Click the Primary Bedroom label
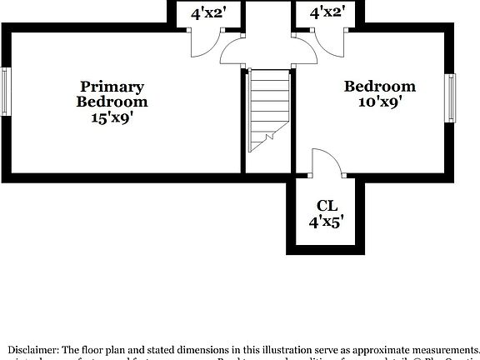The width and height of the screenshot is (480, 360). [112, 94]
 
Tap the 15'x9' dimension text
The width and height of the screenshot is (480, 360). [112, 117]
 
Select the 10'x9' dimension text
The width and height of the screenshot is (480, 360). [380, 102]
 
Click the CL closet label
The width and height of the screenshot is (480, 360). [327, 206]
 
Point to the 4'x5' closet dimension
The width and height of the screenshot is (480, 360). [327, 222]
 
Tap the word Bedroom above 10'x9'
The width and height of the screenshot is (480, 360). [380, 87]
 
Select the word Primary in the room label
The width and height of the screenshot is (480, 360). [112, 87]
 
